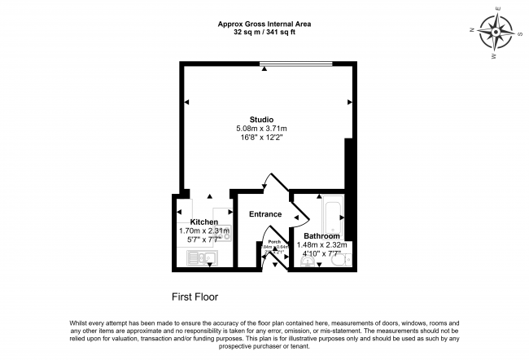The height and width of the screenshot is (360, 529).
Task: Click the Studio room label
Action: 261,120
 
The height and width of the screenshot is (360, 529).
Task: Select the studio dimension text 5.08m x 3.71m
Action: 261,129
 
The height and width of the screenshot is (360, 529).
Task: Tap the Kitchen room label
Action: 203,222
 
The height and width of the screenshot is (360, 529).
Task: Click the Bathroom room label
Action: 322,236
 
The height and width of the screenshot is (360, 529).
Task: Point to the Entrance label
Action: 265,214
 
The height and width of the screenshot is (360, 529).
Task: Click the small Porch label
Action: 275,242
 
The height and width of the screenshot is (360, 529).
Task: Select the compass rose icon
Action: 494,33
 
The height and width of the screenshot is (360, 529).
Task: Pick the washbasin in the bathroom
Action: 306,262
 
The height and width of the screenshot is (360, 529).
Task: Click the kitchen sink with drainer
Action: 199,259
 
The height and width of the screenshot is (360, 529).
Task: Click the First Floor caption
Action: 195,296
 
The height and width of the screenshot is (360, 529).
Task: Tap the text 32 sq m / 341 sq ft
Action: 264,33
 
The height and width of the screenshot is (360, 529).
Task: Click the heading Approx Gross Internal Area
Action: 264,24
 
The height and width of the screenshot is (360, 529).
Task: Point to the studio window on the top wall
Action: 296,64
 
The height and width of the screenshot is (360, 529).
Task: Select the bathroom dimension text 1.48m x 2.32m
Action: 322,244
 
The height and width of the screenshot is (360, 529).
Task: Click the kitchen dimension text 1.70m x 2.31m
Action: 204,230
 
